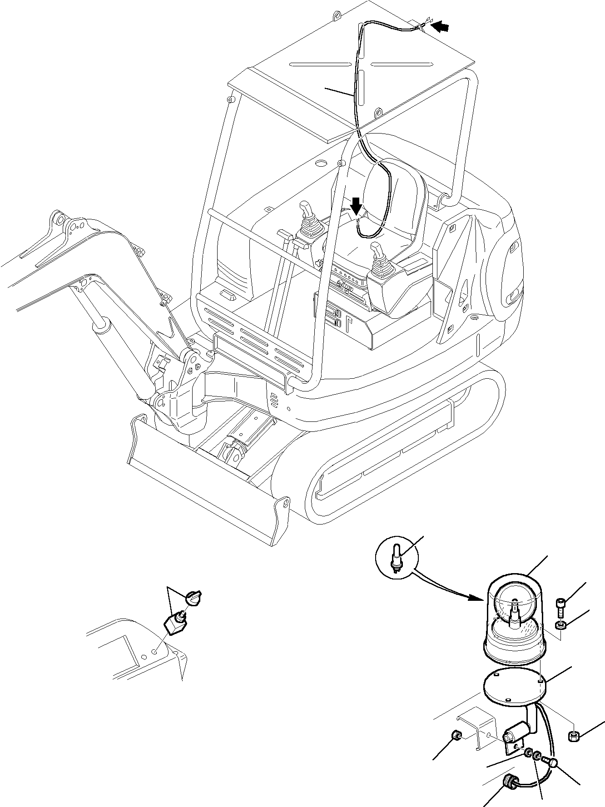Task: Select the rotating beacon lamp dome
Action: click(x=515, y=604)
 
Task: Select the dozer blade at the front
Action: click(x=204, y=481)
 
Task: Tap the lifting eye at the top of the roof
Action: click(x=337, y=16)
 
